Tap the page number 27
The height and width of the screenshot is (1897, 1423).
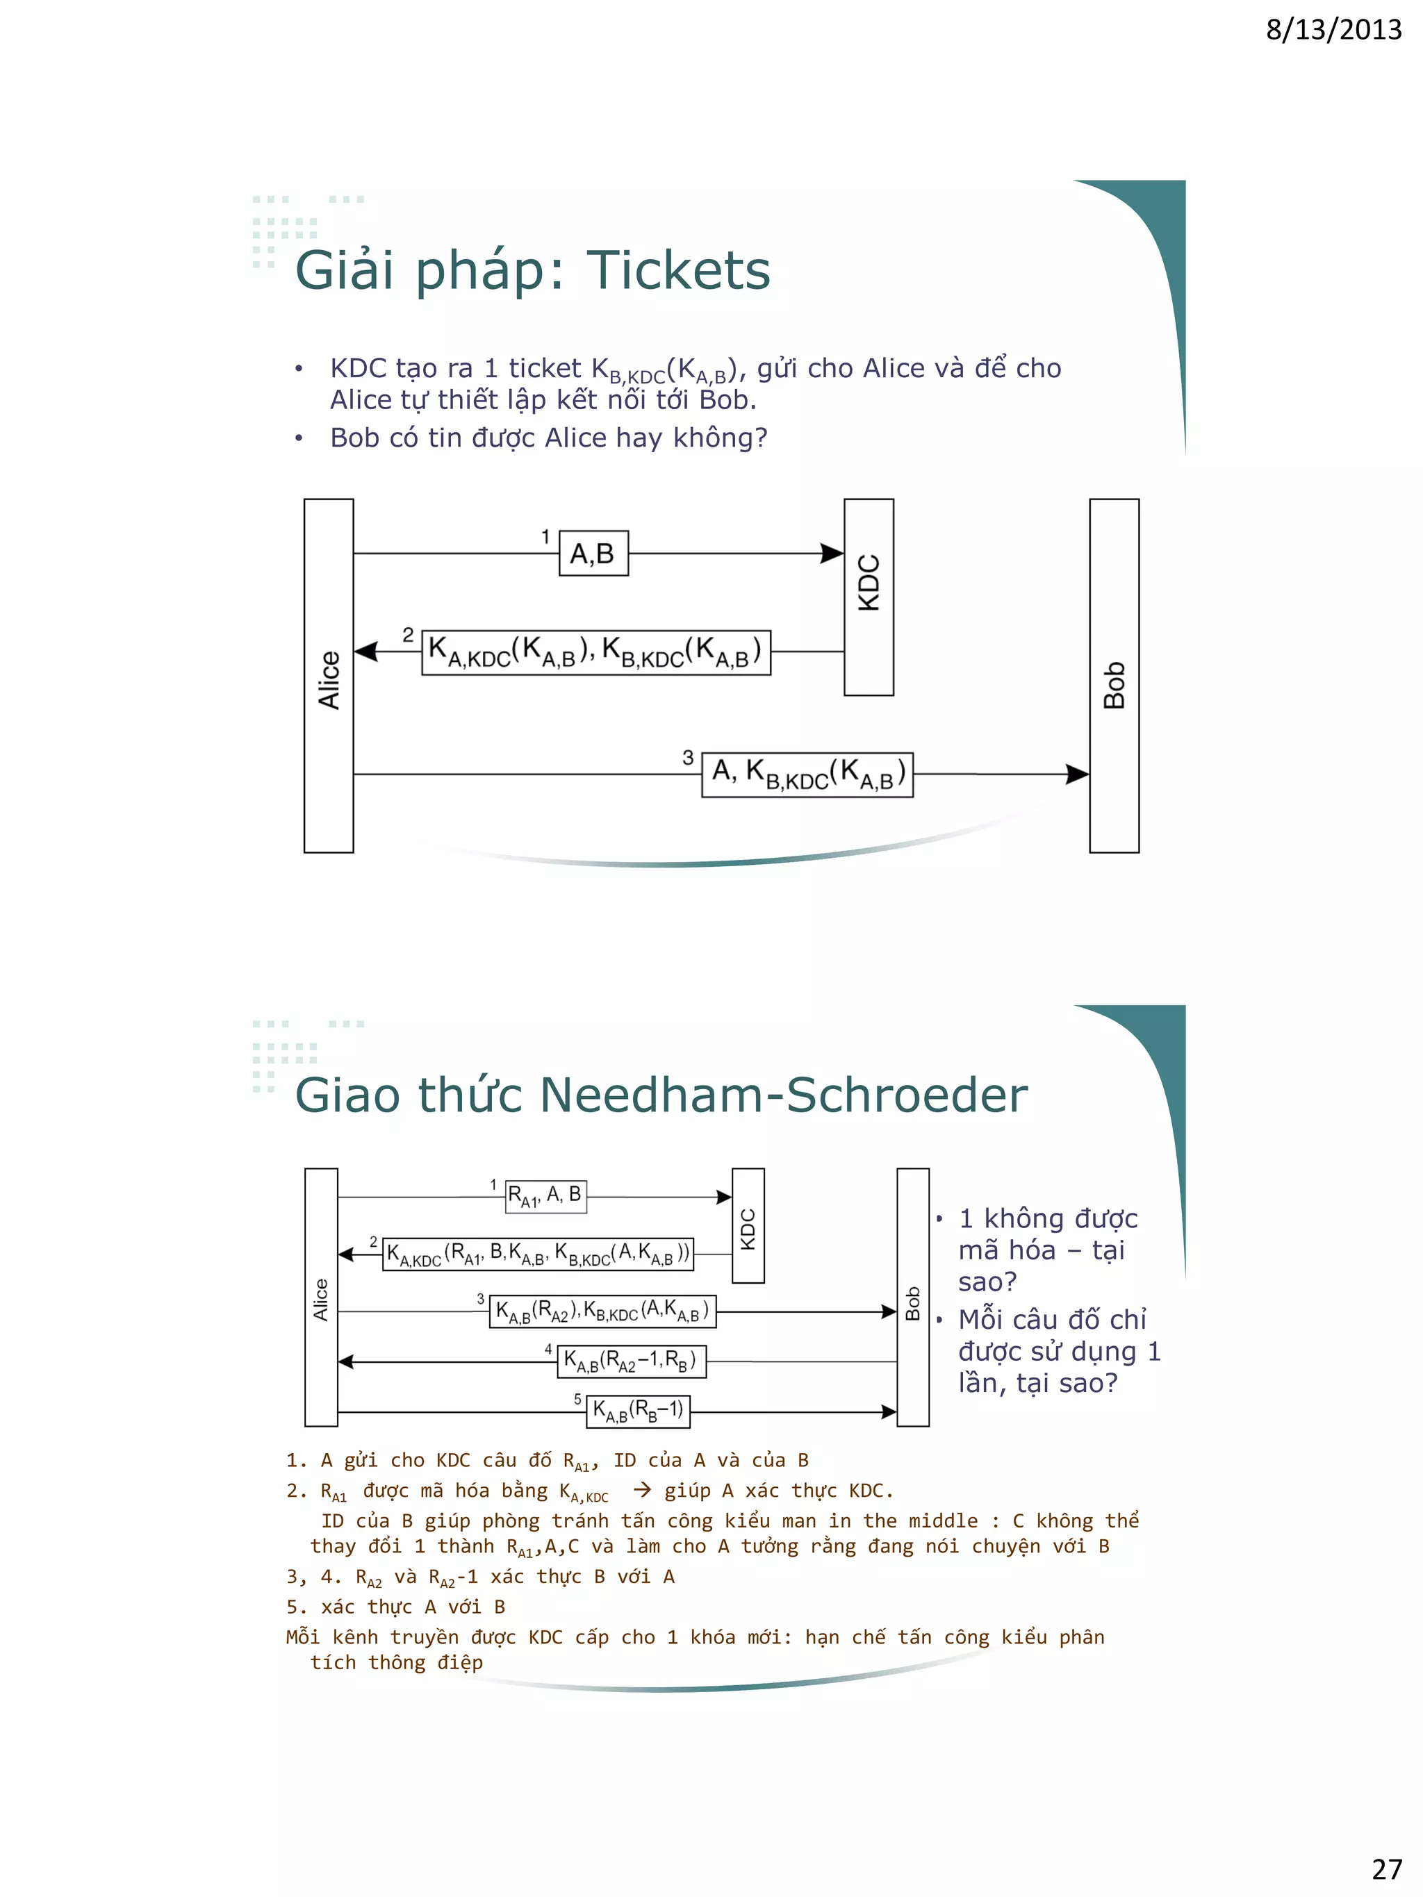tap(1386, 1868)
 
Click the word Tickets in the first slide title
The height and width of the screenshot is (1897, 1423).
tap(677, 270)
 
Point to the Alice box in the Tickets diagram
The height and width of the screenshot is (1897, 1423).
tap(329, 676)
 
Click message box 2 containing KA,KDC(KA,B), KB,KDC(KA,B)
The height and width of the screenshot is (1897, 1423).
tap(595, 653)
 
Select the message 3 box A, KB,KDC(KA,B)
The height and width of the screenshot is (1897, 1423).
tap(807, 774)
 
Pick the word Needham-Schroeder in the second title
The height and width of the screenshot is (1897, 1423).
tap(782, 1095)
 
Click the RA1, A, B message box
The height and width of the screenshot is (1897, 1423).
tap(545, 1195)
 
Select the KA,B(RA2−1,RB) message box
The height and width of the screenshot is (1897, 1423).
tap(632, 1361)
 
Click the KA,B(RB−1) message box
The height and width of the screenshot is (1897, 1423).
tap(638, 1411)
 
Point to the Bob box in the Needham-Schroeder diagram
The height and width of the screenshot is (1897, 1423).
tap(912, 1298)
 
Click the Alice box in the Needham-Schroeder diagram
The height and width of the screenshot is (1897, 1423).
tap(321, 1298)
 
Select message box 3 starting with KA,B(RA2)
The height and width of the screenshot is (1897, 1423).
tap(602, 1311)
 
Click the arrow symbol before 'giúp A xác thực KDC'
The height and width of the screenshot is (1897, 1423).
tap(641, 1491)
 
